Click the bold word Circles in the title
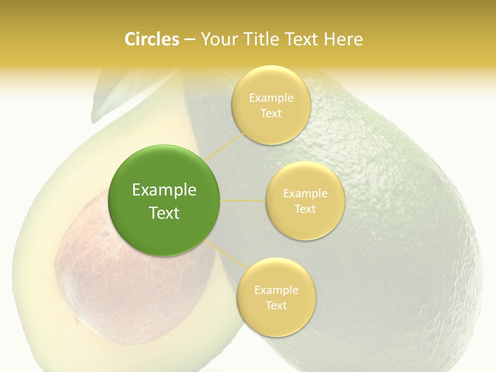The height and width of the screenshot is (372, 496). (x=151, y=39)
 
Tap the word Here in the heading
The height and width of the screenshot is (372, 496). (x=343, y=39)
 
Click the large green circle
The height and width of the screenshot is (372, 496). (x=164, y=200)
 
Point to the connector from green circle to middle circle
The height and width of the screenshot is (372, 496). (x=243, y=200)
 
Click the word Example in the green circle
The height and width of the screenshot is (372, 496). (x=164, y=190)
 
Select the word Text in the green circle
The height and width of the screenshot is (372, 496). (x=164, y=213)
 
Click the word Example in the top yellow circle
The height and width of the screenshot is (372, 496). (x=271, y=98)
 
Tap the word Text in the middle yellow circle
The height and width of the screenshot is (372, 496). (x=305, y=209)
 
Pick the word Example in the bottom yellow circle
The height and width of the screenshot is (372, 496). (x=276, y=290)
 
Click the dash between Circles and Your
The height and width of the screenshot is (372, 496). (x=189, y=39)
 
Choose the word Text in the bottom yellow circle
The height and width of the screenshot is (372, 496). (x=276, y=305)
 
